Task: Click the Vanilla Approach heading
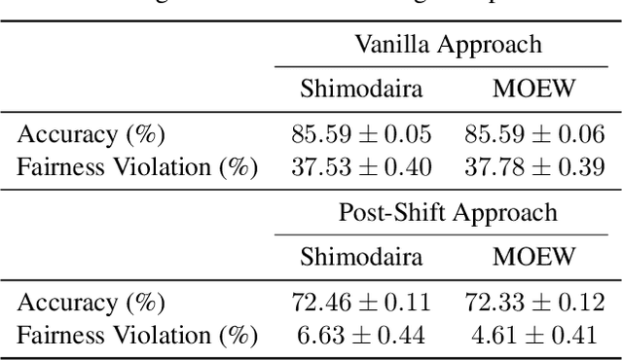(448, 44)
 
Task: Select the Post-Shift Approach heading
(448, 212)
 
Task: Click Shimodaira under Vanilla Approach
(361, 90)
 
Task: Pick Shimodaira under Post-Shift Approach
(361, 258)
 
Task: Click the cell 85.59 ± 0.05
(361, 134)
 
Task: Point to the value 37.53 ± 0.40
(361, 166)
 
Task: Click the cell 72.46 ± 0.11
(361, 303)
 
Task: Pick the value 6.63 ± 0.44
(361, 335)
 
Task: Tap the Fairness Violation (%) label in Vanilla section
(137, 167)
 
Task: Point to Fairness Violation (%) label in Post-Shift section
(137, 336)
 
